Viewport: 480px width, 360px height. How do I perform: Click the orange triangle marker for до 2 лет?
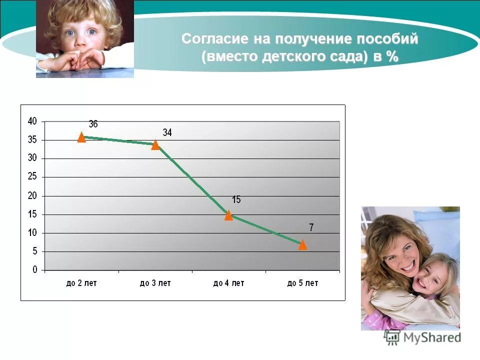coord(81,137)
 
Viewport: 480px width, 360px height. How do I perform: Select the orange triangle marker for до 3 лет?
coord(155,144)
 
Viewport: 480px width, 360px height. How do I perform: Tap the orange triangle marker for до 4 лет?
coord(229,215)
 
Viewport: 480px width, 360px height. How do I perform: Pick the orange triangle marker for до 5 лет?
coord(302,244)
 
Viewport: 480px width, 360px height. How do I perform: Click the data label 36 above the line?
coord(93,124)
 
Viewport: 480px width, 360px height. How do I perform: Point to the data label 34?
coord(167,132)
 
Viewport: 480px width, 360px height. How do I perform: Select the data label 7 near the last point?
coord(311,227)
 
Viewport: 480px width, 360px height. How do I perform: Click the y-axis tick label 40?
coord(32,121)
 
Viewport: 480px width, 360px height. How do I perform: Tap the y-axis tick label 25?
coord(32,177)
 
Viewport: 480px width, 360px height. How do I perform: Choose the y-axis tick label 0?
coord(35,270)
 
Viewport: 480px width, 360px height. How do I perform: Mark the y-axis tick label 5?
coord(35,251)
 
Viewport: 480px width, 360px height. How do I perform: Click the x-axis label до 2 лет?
coord(81,283)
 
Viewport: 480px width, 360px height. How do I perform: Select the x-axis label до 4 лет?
coord(228,283)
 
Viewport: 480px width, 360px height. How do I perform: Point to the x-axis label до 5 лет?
coord(302,283)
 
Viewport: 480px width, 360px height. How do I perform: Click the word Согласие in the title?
coord(208,39)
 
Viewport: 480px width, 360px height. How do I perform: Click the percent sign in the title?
coord(392,56)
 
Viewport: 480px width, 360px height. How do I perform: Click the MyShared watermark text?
coord(431,337)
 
